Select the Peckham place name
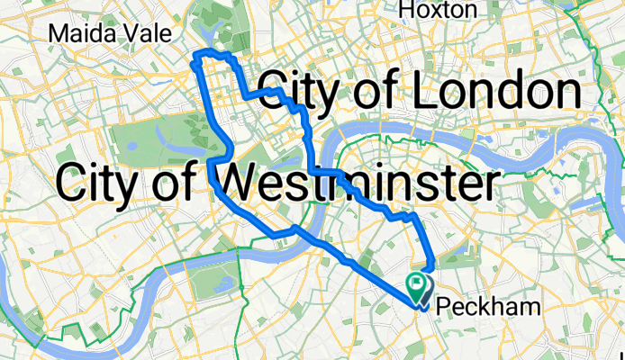pos(488,308)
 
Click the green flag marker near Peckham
pos(418,287)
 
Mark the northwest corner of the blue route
pos(195,57)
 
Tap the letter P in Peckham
pos(442,308)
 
